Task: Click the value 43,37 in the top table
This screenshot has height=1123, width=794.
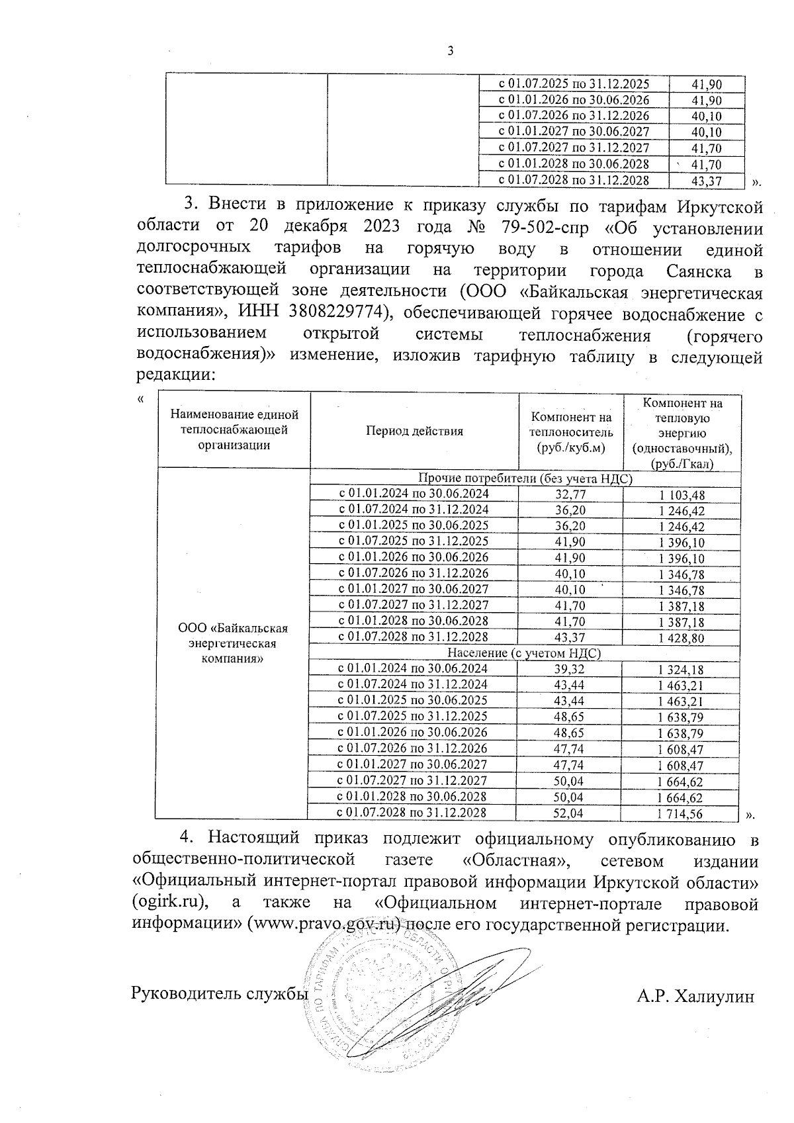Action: (x=706, y=180)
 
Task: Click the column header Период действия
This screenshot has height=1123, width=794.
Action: (x=414, y=431)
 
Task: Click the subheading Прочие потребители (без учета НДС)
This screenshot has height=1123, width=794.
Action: (x=525, y=478)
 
